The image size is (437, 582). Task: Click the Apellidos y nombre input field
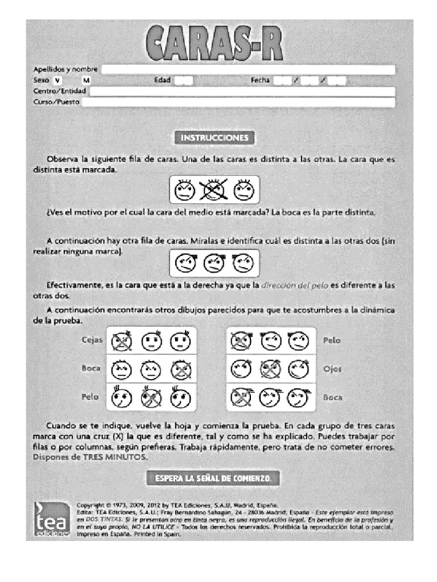[248, 69]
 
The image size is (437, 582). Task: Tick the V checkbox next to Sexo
[57, 81]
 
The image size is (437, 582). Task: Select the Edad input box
[183, 81]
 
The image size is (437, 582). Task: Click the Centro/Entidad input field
[242, 92]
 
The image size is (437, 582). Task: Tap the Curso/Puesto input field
[238, 102]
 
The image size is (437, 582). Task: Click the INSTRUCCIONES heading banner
[214, 138]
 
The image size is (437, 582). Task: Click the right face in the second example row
[243, 264]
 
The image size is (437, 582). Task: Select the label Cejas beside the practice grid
[92, 340]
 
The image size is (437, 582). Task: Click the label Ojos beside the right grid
[332, 369]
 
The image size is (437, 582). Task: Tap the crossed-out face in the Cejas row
[121, 341]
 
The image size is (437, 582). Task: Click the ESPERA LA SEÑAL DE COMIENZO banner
[213, 479]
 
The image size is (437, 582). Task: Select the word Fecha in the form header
[260, 81]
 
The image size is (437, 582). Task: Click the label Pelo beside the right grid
[332, 340]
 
